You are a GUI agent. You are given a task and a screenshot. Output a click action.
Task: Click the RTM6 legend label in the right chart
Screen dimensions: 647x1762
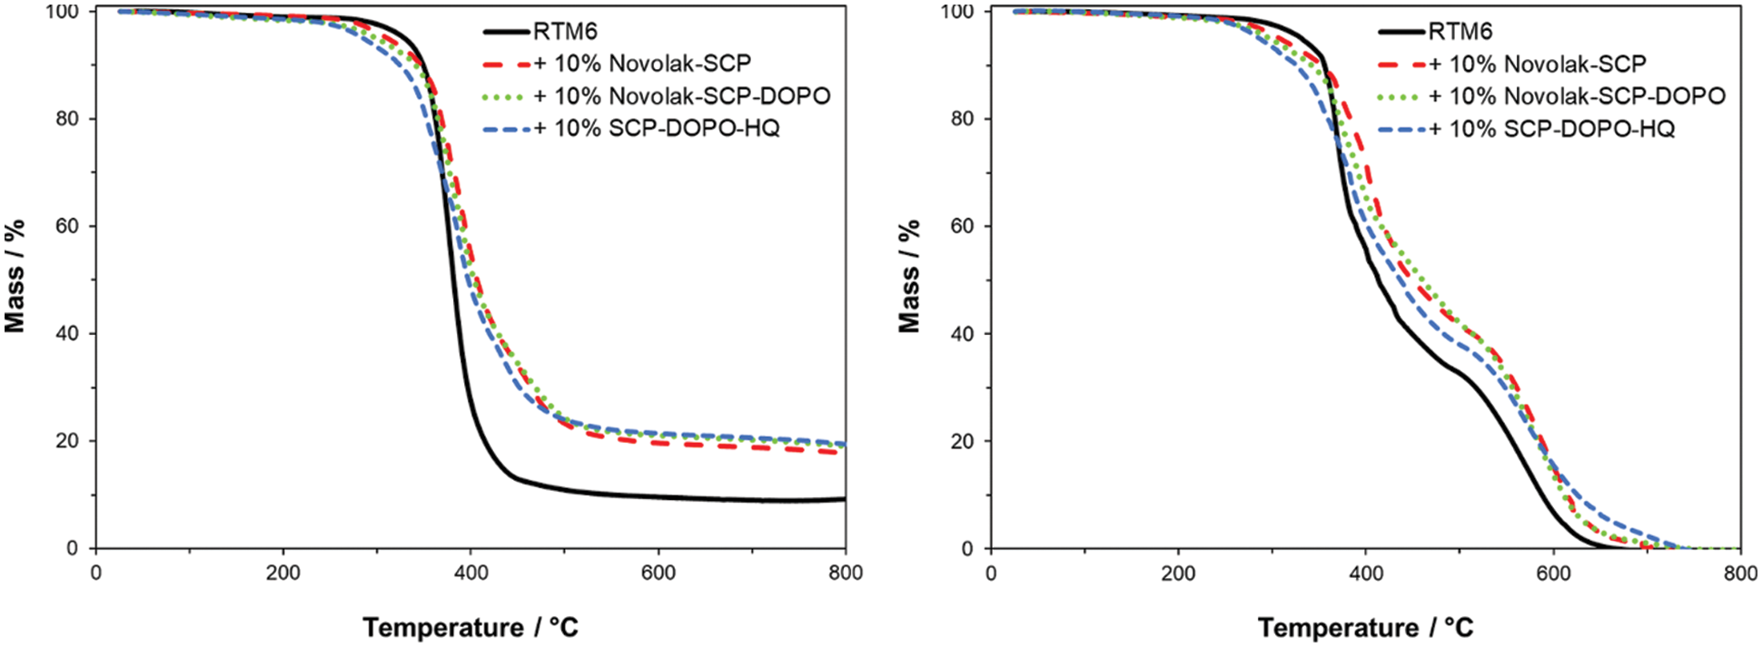[x=1460, y=32]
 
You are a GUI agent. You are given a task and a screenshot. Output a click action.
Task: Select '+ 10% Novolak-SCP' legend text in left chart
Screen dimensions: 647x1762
[x=642, y=64]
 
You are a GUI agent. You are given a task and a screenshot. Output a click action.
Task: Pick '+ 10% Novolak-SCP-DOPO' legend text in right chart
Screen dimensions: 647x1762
[x=1577, y=96]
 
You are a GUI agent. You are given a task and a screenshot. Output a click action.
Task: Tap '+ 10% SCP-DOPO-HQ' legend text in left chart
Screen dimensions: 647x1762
[x=656, y=129]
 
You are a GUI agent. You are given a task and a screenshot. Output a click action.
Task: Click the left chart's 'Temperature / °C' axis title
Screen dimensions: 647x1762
[x=470, y=627]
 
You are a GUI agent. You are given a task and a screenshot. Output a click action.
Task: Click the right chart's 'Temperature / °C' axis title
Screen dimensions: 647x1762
[x=1365, y=627]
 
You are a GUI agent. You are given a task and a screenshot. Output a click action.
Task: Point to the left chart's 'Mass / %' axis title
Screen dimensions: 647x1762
[x=15, y=276]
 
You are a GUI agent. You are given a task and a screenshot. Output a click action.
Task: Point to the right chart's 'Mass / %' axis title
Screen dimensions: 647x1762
[x=910, y=276]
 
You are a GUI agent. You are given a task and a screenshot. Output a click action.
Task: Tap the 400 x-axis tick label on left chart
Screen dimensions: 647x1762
[x=470, y=573]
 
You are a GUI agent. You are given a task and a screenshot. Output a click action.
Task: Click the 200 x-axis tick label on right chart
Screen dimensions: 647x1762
[x=1178, y=573]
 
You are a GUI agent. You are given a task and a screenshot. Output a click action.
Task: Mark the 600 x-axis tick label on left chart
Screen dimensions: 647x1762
[x=658, y=573]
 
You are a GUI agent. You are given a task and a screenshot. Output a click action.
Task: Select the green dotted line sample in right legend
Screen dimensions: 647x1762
[x=1401, y=96]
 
